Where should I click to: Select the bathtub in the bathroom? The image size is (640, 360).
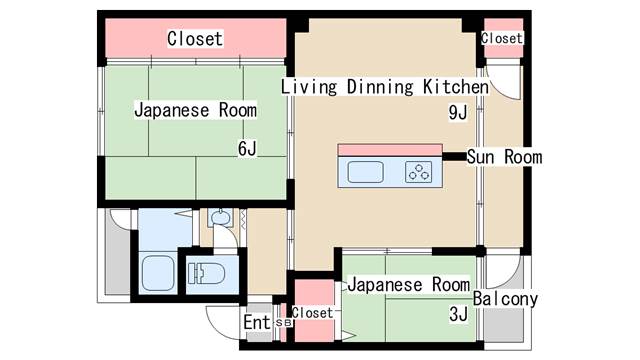point(159,271)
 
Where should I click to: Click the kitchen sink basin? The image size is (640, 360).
point(366,172)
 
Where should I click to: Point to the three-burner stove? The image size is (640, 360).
point(420,172)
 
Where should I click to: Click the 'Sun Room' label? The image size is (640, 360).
point(505,157)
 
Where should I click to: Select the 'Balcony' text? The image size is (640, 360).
point(506,299)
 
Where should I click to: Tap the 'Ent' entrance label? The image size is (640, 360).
point(256,323)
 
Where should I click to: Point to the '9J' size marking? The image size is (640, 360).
point(458,113)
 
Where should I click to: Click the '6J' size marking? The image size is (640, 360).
point(247,150)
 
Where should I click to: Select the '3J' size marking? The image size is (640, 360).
point(459,314)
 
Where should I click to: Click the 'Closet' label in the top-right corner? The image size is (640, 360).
point(502,38)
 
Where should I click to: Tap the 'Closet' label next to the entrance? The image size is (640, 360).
point(312,313)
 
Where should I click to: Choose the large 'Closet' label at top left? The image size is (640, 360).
point(195,39)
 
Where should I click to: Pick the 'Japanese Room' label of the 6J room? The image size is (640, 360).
point(196,110)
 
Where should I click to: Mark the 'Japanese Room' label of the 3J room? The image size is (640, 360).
point(408,285)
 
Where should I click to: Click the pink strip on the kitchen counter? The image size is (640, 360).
point(390,150)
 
